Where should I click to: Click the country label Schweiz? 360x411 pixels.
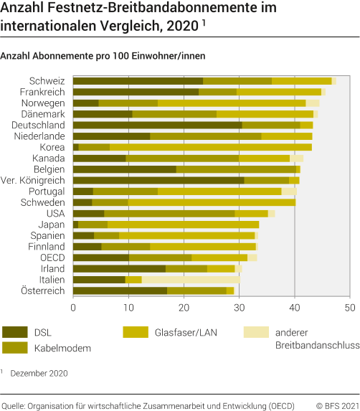coord(48,81)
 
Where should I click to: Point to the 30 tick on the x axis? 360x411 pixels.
coord(239,307)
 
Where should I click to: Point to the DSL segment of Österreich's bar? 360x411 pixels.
coord(120,290)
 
